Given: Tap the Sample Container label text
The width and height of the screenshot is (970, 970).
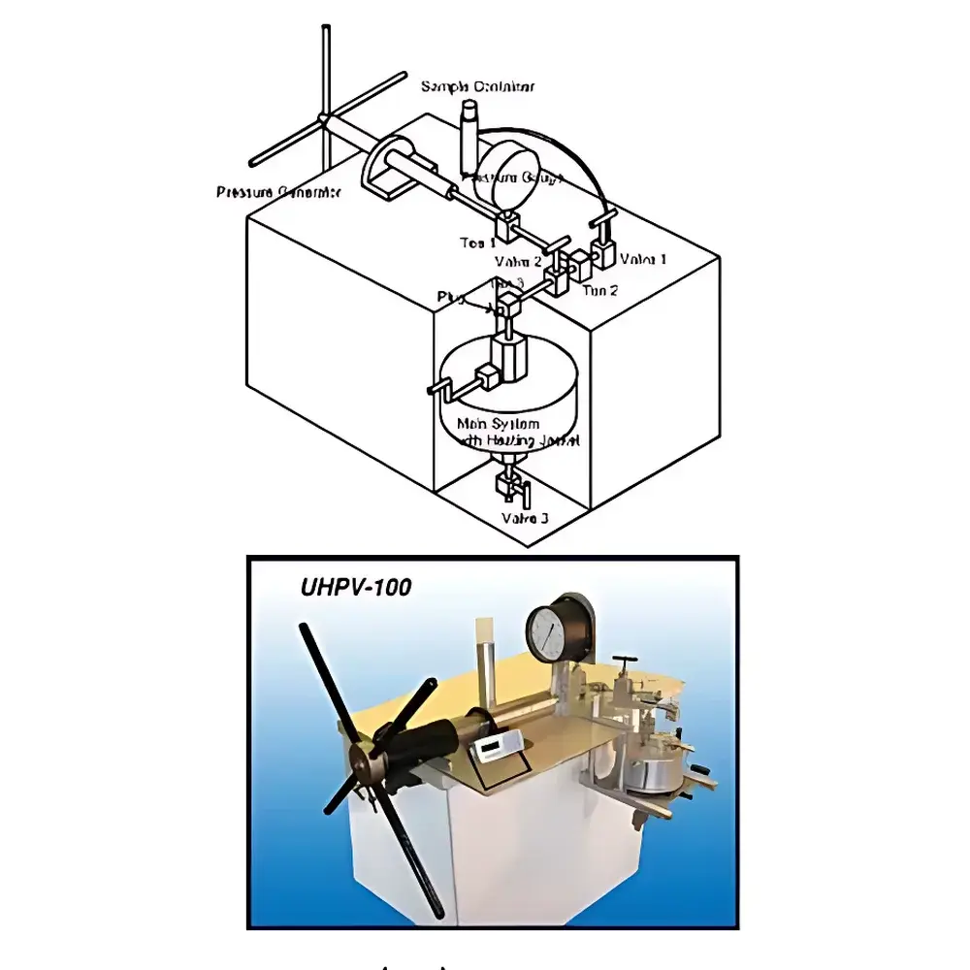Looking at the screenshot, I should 477,87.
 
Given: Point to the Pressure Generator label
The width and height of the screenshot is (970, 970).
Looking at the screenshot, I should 278,192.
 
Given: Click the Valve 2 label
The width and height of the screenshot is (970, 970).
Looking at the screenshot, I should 518,261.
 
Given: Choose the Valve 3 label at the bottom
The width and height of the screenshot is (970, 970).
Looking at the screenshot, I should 525,518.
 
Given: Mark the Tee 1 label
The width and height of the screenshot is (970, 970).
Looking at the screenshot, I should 478,242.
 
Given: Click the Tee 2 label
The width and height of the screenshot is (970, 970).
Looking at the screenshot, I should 600,290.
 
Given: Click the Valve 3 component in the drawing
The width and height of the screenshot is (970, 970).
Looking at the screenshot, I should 508,485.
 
